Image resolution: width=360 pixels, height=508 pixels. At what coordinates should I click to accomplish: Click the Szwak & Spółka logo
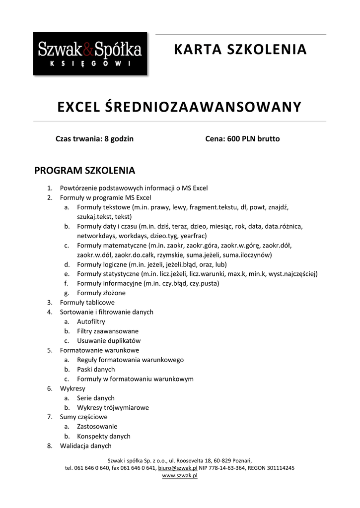(x=90, y=54)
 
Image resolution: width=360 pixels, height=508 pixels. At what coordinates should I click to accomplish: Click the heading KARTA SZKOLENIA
(x=240, y=50)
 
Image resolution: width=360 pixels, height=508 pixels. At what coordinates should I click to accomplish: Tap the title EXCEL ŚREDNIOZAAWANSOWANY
(x=180, y=107)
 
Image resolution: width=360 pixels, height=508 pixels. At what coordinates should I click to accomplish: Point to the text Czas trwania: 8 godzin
(x=94, y=139)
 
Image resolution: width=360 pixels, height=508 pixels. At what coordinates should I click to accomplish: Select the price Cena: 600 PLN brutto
(x=242, y=139)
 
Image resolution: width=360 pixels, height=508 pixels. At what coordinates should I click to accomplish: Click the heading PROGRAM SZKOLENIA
(x=84, y=171)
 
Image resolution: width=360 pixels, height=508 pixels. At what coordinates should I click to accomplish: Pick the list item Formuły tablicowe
(x=87, y=302)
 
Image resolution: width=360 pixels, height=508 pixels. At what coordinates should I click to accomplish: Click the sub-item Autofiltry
(x=91, y=321)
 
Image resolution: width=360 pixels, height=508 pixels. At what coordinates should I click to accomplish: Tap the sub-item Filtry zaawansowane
(x=108, y=331)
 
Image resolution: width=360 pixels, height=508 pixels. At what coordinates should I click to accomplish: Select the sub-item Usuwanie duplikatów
(x=109, y=341)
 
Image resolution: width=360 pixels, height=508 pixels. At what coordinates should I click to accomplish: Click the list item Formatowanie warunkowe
(x=99, y=350)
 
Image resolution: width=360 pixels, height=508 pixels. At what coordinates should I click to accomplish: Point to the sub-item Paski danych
(x=96, y=369)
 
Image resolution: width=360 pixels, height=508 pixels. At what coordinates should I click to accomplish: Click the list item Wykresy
(x=72, y=388)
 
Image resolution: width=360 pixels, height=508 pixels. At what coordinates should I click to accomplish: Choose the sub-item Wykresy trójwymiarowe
(x=113, y=408)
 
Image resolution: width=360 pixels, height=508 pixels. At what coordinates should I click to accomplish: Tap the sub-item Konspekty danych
(x=104, y=437)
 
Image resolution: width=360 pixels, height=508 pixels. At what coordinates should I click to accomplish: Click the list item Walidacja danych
(x=86, y=446)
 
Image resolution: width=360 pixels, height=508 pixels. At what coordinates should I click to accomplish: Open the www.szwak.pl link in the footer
(x=180, y=475)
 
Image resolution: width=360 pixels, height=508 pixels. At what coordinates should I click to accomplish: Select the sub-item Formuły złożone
(x=101, y=293)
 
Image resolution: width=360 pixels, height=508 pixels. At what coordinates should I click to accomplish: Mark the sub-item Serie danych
(x=96, y=398)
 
